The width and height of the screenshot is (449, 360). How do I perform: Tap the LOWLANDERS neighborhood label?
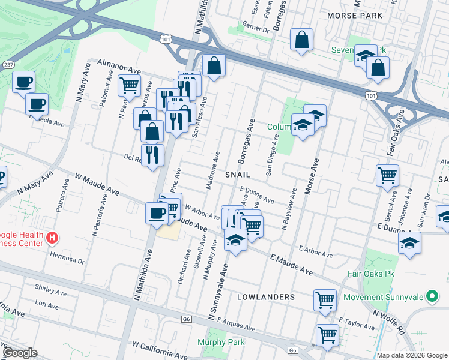[x=266, y=297]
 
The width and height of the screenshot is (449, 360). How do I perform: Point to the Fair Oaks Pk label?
[x=370, y=274]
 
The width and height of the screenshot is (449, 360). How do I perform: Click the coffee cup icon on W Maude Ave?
[x=158, y=212]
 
